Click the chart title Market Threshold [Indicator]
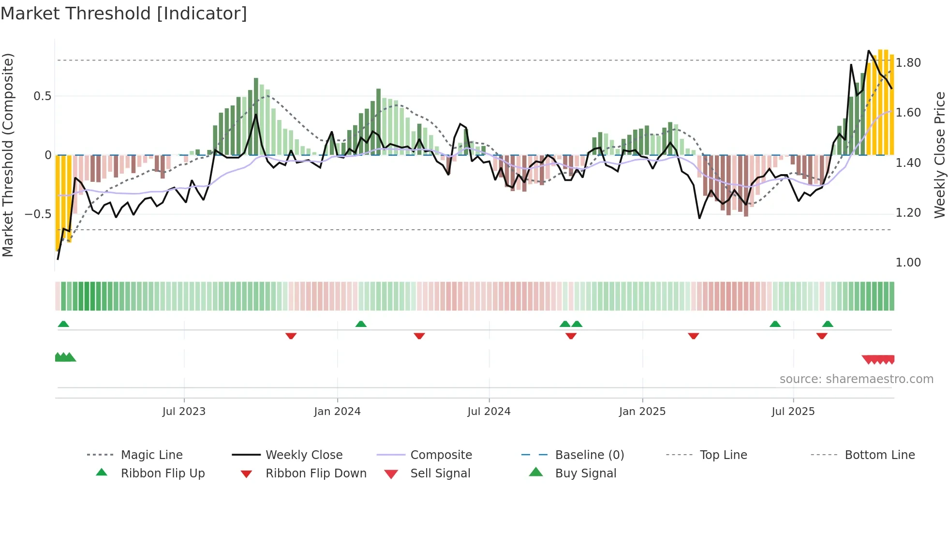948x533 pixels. point(124,14)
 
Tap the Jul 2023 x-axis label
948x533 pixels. point(184,412)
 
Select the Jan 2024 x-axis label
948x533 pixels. point(337,412)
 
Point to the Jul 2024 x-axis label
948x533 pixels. point(489,412)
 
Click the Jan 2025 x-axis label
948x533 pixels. point(642,412)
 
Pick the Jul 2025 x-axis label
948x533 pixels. point(793,412)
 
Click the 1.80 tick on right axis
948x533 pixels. point(908,63)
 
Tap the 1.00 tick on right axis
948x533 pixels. point(908,263)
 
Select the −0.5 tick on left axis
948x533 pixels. point(38,214)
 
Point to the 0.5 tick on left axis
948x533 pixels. point(42,96)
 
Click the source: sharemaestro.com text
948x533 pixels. point(856,379)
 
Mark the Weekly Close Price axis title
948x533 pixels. point(939,155)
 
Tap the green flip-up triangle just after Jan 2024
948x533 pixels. point(361,324)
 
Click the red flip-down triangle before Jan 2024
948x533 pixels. point(291,336)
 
